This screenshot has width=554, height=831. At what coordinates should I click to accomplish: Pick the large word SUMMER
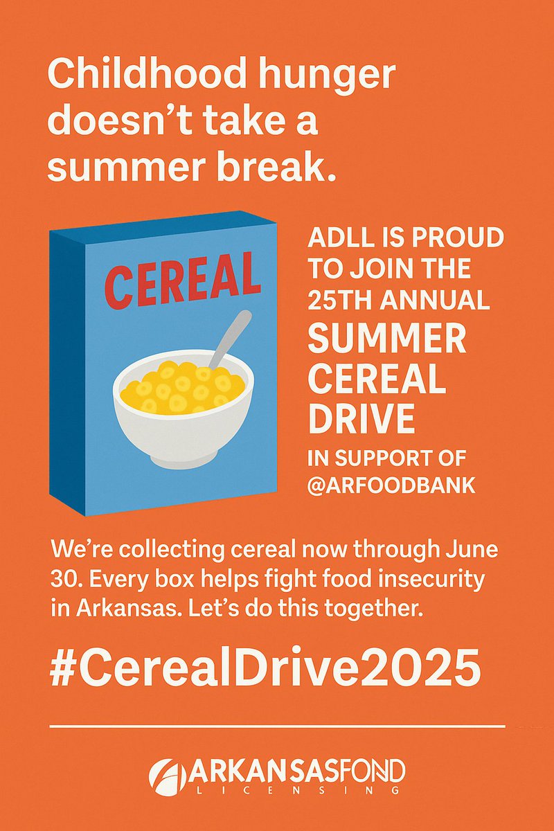(386, 341)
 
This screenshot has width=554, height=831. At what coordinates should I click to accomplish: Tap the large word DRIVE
(361, 418)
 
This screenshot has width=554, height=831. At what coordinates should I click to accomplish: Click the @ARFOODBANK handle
(391, 485)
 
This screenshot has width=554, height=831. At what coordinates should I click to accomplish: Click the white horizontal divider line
(277, 726)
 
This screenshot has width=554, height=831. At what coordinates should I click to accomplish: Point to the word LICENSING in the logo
(277, 790)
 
